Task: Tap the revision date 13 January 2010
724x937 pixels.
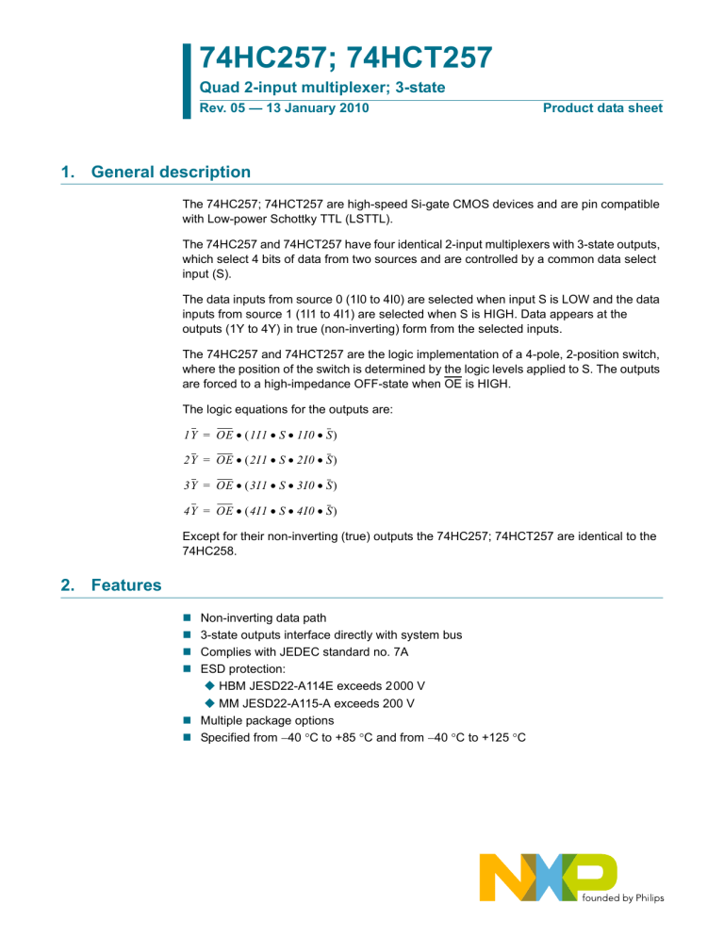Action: point(316,108)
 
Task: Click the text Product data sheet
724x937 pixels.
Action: point(602,108)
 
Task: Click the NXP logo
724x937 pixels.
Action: point(548,877)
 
